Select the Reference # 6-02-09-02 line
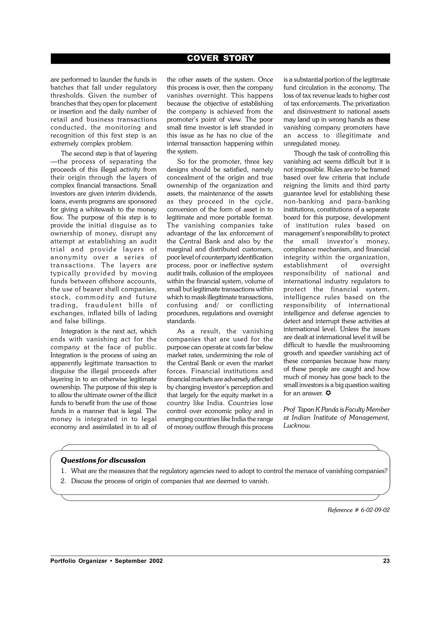358,510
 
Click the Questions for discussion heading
103,460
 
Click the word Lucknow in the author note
297,426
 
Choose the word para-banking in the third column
370,201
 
